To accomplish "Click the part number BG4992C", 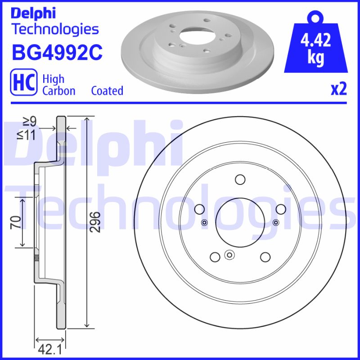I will pyautogui.click(x=57, y=53).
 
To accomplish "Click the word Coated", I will pyautogui.click(x=107, y=90).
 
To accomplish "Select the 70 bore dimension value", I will pyautogui.click(x=15, y=222).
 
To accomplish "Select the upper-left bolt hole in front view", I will pyautogui.click(x=199, y=209).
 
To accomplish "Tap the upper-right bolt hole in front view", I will pyautogui.click(x=280, y=209).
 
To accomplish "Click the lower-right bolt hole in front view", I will pyautogui.click(x=265, y=256).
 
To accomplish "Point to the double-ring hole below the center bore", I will pyautogui.click(x=229, y=256).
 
